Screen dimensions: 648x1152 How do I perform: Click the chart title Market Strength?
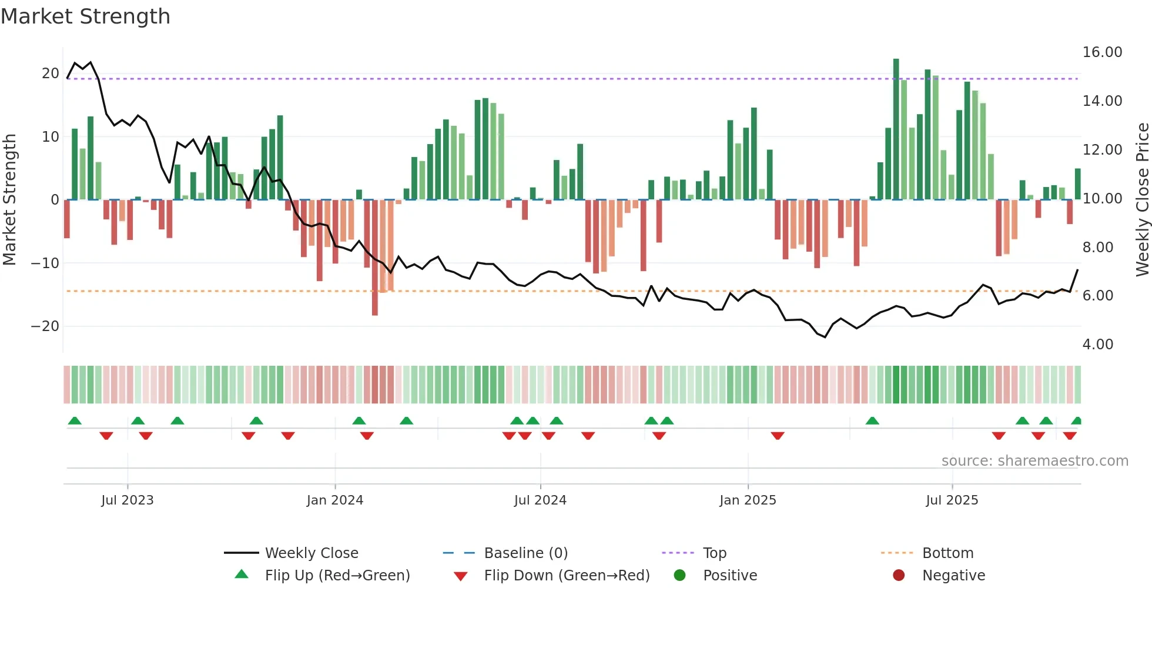[85, 16]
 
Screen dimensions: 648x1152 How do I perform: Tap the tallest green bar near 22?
[896, 129]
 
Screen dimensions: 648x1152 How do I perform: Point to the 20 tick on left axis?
[51, 74]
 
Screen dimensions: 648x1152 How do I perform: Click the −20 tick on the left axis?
[45, 326]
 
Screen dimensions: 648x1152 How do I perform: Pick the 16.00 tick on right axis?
[1102, 52]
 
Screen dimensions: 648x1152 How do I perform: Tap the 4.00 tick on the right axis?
[1097, 345]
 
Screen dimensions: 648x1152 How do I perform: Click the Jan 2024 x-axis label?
[335, 500]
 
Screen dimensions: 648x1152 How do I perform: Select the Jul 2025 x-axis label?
[952, 500]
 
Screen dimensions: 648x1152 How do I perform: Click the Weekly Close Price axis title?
[1142, 200]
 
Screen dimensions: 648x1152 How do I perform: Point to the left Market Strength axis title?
[9, 200]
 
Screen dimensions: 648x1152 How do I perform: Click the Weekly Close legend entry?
[312, 553]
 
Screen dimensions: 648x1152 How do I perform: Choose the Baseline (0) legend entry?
[525, 553]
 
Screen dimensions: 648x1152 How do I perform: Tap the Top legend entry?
[714, 553]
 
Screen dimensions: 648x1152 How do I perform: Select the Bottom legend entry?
[947, 553]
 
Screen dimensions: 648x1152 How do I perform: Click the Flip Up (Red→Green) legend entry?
[337, 576]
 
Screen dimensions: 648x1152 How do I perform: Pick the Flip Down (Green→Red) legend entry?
[567, 576]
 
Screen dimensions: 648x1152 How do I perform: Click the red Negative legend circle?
[899, 576]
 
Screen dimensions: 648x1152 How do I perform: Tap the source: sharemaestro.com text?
[1034, 461]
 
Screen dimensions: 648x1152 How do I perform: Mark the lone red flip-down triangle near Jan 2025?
[778, 436]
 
